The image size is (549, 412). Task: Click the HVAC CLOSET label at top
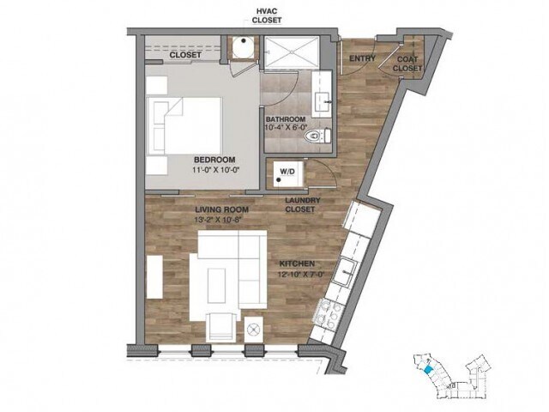pyautogui.click(x=267, y=16)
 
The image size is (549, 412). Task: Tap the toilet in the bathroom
pyautogui.click(x=317, y=136)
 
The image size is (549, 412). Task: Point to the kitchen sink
pyautogui.click(x=345, y=271)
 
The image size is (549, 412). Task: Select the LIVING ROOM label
pyautogui.click(x=222, y=209)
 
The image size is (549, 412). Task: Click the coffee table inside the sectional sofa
pyautogui.click(x=216, y=285)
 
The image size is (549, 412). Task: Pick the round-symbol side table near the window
pyautogui.click(x=252, y=330)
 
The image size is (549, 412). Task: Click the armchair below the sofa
pyautogui.click(x=221, y=326)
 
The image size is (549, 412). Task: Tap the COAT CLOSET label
pyautogui.click(x=407, y=64)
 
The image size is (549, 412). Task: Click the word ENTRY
pyautogui.click(x=362, y=58)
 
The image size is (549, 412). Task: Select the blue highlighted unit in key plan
pyautogui.click(x=427, y=369)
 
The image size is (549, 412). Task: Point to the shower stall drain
pyautogui.click(x=292, y=51)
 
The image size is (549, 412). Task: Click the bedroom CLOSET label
pyautogui.click(x=185, y=55)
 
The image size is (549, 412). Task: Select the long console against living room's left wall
pyautogui.click(x=154, y=277)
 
